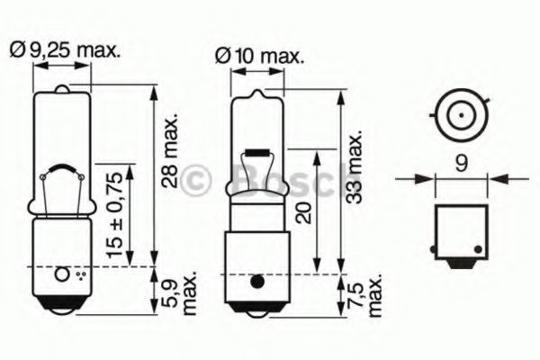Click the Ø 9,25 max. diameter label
pyautogui.click(x=66, y=50)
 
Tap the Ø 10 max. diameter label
pyautogui.click(x=260, y=56)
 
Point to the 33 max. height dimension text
pyautogui.click(x=355, y=166)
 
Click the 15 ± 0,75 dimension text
pyautogui.click(x=114, y=216)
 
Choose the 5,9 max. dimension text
pyautogui.click(x=179, y=292)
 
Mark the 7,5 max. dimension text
pyautogui.click(x=365, y=295)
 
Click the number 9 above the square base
pyautogui.click(x=462, y=163)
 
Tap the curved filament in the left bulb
pyautogui.click(x=62, y=168)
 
